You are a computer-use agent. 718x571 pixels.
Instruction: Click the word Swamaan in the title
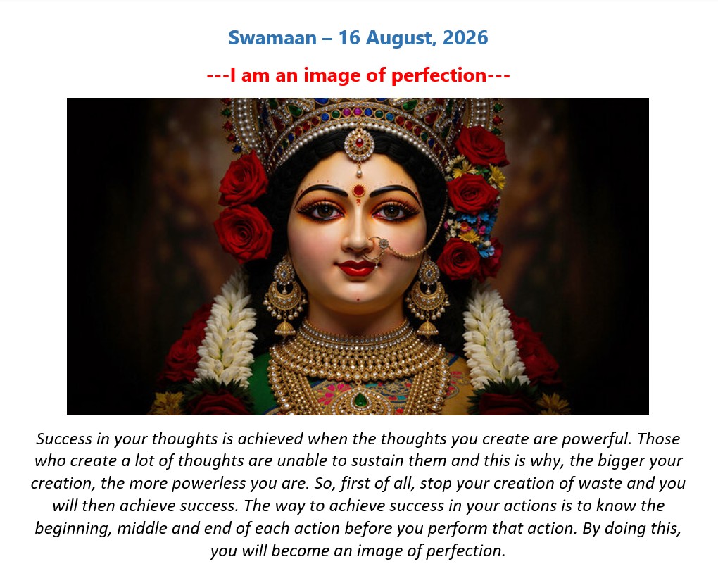point(272,37)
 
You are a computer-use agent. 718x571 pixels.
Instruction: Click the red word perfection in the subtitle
point(439,75)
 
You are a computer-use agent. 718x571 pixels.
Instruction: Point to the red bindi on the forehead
point(358,190)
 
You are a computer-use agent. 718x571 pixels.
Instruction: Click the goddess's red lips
point(357,268)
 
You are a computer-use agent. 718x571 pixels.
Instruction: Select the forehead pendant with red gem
point(359,146)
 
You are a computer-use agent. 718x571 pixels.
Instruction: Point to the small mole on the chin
point(358,300)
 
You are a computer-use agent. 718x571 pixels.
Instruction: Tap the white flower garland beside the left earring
point(227,327)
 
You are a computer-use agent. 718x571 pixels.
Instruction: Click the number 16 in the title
point(349,37)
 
